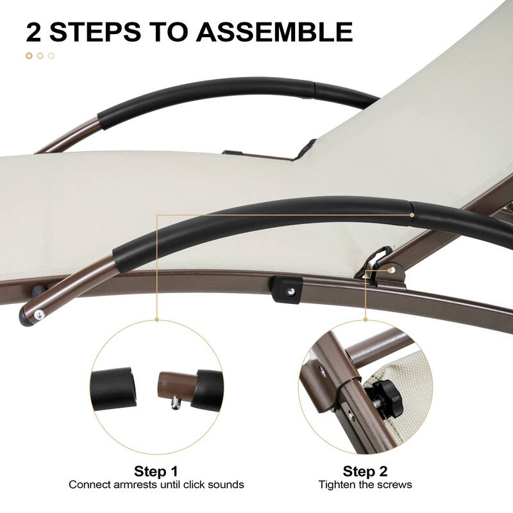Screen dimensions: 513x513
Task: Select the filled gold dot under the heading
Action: pos(29,56)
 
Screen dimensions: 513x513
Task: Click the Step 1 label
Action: pos(156,471)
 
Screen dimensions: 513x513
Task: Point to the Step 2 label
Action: pos(365,471)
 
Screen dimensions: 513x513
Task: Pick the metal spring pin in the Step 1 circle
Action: pos(176,402)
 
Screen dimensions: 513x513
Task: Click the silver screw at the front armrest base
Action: pos(40,314)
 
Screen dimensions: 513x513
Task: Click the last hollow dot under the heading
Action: pos(51,56)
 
